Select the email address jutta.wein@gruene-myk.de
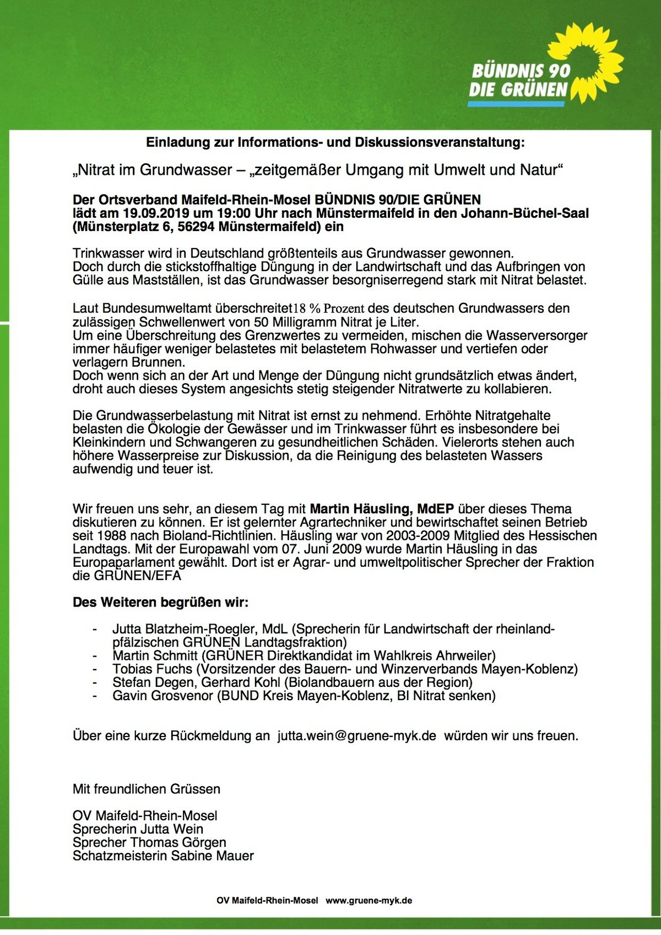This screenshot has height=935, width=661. (x=356, y=735)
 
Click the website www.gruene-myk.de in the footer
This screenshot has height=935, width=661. (x=369, y=900)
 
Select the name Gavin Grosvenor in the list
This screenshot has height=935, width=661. (x=162, y=696)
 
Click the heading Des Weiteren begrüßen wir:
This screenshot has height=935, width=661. (x=160, y=602)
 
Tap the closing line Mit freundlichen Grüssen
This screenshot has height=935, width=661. (x=147, y=789)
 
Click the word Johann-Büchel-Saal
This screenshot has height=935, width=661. (x=532, y=213)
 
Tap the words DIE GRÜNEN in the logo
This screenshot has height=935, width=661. (x=518, y=89)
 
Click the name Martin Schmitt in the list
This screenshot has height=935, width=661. (x=155, y=655)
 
